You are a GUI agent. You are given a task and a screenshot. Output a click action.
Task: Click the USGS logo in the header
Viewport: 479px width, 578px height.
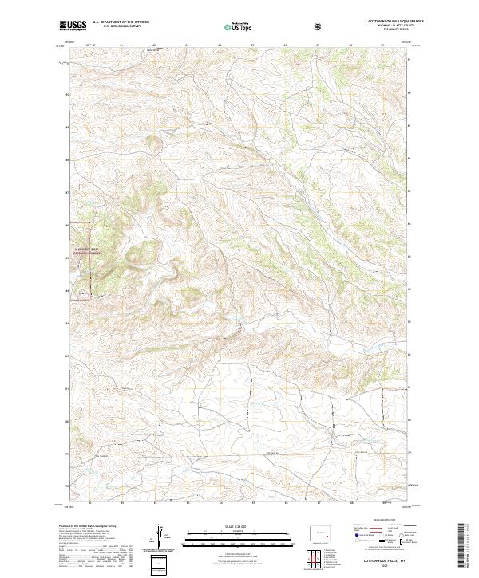click(73, 26)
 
